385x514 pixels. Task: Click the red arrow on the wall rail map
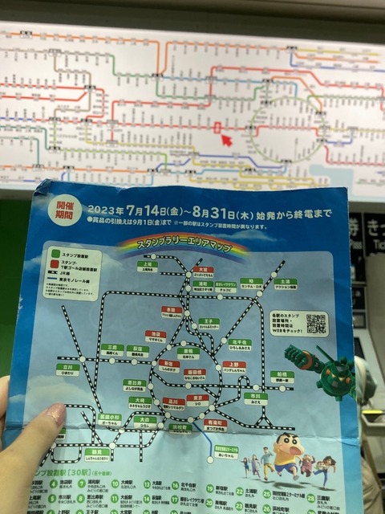click(x=226, y=141)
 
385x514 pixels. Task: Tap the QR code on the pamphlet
click(x=317, y=323)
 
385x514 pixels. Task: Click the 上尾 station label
click(x=147, y=267)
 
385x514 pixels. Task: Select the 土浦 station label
click(x=285, y=284)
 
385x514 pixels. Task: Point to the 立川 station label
click(x=68, y=369)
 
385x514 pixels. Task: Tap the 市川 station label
click(x=256, y=398)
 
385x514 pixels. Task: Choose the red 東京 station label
click(x=197, y=399)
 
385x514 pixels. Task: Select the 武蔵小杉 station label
click(x=110, y=419)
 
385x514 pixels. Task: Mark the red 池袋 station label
click(x=156, y=337)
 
